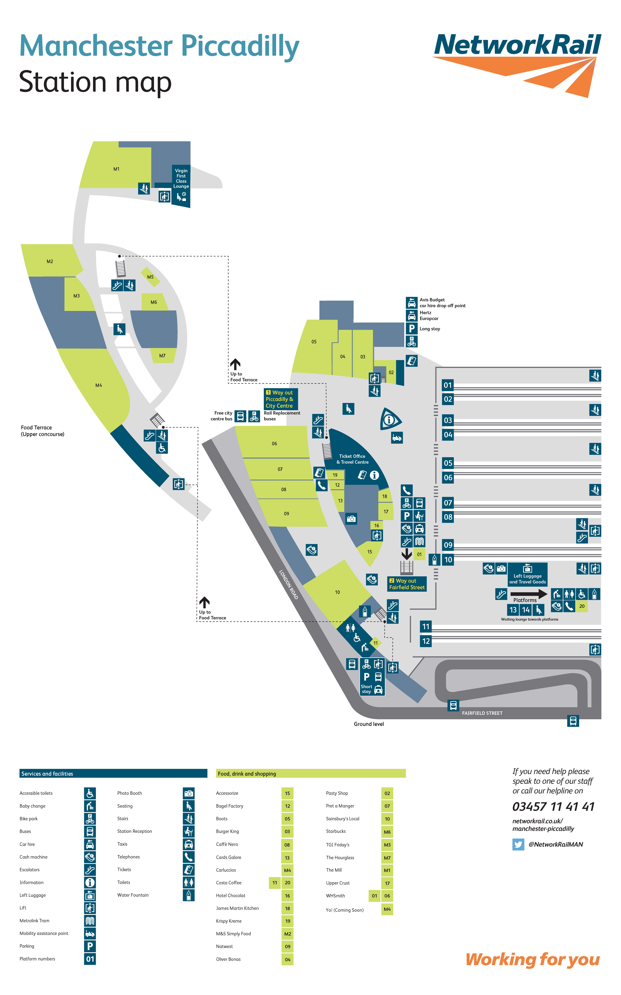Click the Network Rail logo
[517, 62]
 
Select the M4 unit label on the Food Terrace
[99, 385]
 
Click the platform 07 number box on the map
[448, 502]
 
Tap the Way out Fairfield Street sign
[407, 584]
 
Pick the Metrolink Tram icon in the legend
[90, 921]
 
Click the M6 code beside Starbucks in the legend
[387, 832]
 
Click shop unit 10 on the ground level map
[337, 592]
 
